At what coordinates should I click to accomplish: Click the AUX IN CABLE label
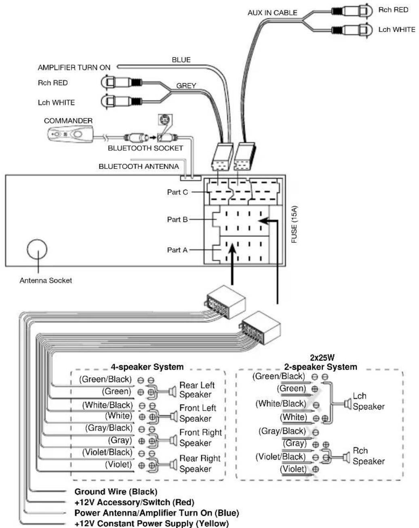(x=272, y=13)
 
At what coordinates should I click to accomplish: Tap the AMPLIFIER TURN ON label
(x=74, y=68)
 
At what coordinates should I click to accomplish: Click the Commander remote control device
(x=71, y=133)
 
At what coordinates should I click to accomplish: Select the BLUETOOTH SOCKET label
(x=145, y=148)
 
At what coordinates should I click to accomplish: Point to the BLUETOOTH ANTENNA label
(x=139, y=166)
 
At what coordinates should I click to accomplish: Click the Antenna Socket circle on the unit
(x=37, y=249)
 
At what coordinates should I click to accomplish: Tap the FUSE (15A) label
(x=294, y=224)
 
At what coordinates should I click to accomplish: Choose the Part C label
(x=177, y=192)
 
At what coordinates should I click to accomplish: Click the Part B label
(x=177, y=219)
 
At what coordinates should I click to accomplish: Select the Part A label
(x=177, y=250)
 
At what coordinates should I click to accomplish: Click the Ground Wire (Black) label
(x=116, y=492)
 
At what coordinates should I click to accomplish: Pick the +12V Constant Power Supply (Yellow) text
(x=152, y=523)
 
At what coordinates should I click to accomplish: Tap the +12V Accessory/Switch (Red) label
(x=134, y=502)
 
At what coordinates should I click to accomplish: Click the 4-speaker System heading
(x=147, y=367)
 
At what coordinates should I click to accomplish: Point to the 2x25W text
(x=322, y=358)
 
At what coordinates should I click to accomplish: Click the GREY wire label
(x=186, y=86)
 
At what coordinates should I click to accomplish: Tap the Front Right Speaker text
(x=200, y=438)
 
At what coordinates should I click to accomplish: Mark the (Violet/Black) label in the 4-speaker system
(x=107, y=452)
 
